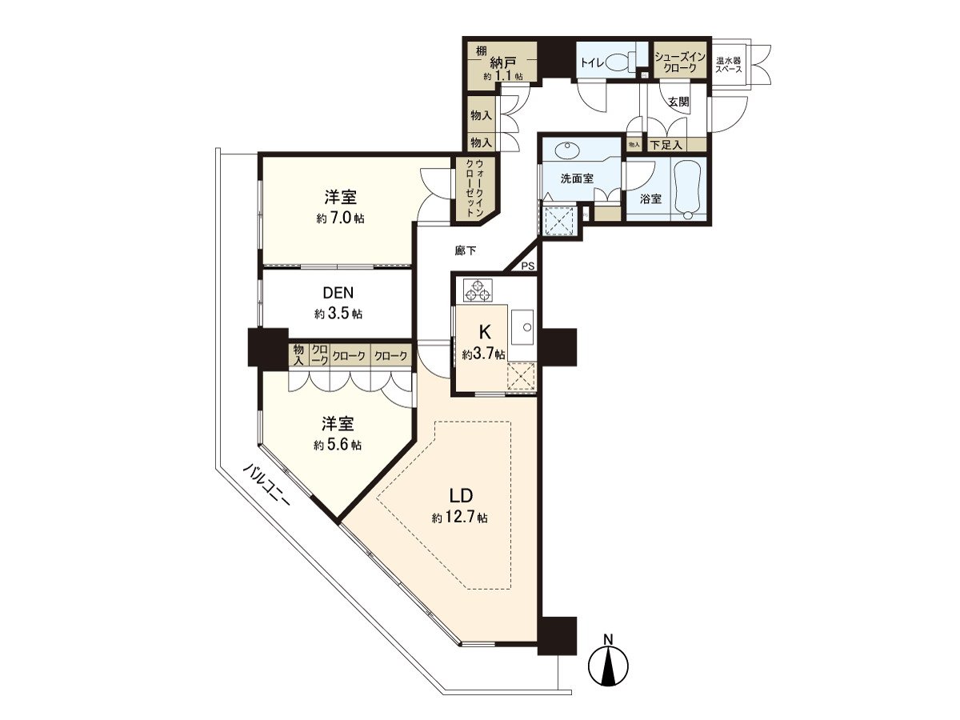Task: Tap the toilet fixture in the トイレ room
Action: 618,62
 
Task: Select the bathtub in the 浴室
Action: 687,189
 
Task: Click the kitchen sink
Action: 526,326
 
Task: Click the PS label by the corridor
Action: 527,266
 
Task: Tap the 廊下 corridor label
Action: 465,250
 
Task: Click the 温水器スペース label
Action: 729,64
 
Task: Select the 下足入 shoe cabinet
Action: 666,145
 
